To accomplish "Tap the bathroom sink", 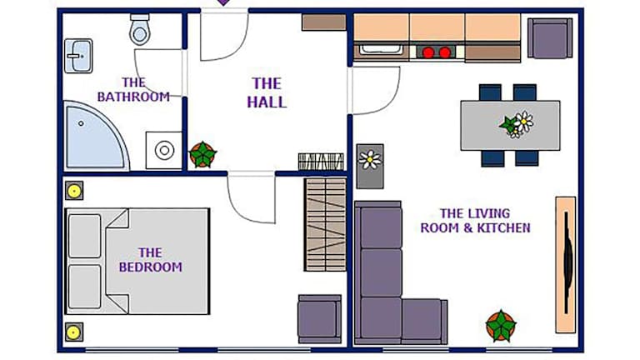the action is pos(78,56).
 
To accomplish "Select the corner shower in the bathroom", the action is pos(96,136).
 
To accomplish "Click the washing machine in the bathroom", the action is pos(164,150).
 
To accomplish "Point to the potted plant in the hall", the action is pos(202,155).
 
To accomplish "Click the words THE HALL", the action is pos(267,92).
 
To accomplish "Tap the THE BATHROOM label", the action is pos(133,90).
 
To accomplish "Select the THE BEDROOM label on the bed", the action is pos(151,260).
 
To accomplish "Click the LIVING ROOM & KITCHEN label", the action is pos(476,220).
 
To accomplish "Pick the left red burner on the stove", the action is pos(428,52).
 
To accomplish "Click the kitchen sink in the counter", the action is pos(381,51).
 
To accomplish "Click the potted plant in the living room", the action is pos(501,325).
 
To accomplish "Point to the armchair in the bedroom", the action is pos(320,319).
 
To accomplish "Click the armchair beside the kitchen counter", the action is pos(550,38).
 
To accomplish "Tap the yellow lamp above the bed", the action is pos(74,191).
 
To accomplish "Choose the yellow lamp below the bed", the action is pos(74,332).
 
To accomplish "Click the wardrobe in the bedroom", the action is pos(325,224).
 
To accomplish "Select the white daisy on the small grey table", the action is pos(370,159).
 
